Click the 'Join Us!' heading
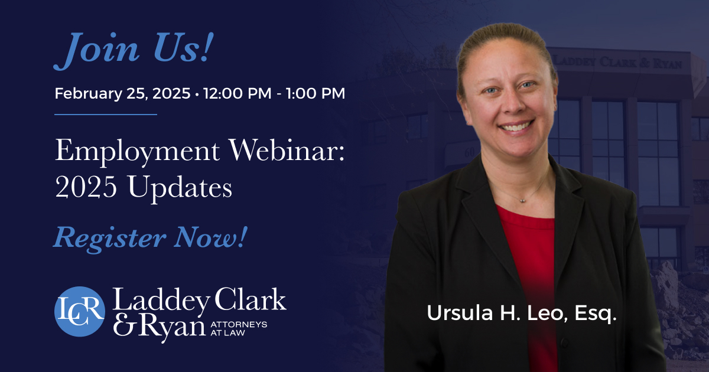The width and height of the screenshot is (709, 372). click(x=134, y=50)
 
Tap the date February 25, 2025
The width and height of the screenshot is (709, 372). click(x=122, y=94)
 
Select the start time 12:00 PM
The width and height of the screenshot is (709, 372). click(x=238, y=93)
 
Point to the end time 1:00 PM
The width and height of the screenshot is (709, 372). click(x=316, y=93)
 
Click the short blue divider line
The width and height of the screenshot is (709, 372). click(x=106, y=115)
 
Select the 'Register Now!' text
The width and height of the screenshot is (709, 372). click(x=150, y=239)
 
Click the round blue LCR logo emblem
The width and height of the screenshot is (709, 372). click(x=80, y=312)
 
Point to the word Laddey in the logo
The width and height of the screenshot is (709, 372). click(x=161, y=300)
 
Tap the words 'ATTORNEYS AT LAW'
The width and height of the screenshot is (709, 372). click(x=239, y=329)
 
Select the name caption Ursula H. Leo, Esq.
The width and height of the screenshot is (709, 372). click(x=522, y=313)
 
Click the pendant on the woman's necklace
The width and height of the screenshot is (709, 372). click(x=522, y=200)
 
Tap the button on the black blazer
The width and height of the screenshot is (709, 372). click(x=564, y=342)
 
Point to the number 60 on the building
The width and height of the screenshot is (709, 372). click(x=470, y=153)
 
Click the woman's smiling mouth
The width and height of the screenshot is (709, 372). click(x=516, y=126)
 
